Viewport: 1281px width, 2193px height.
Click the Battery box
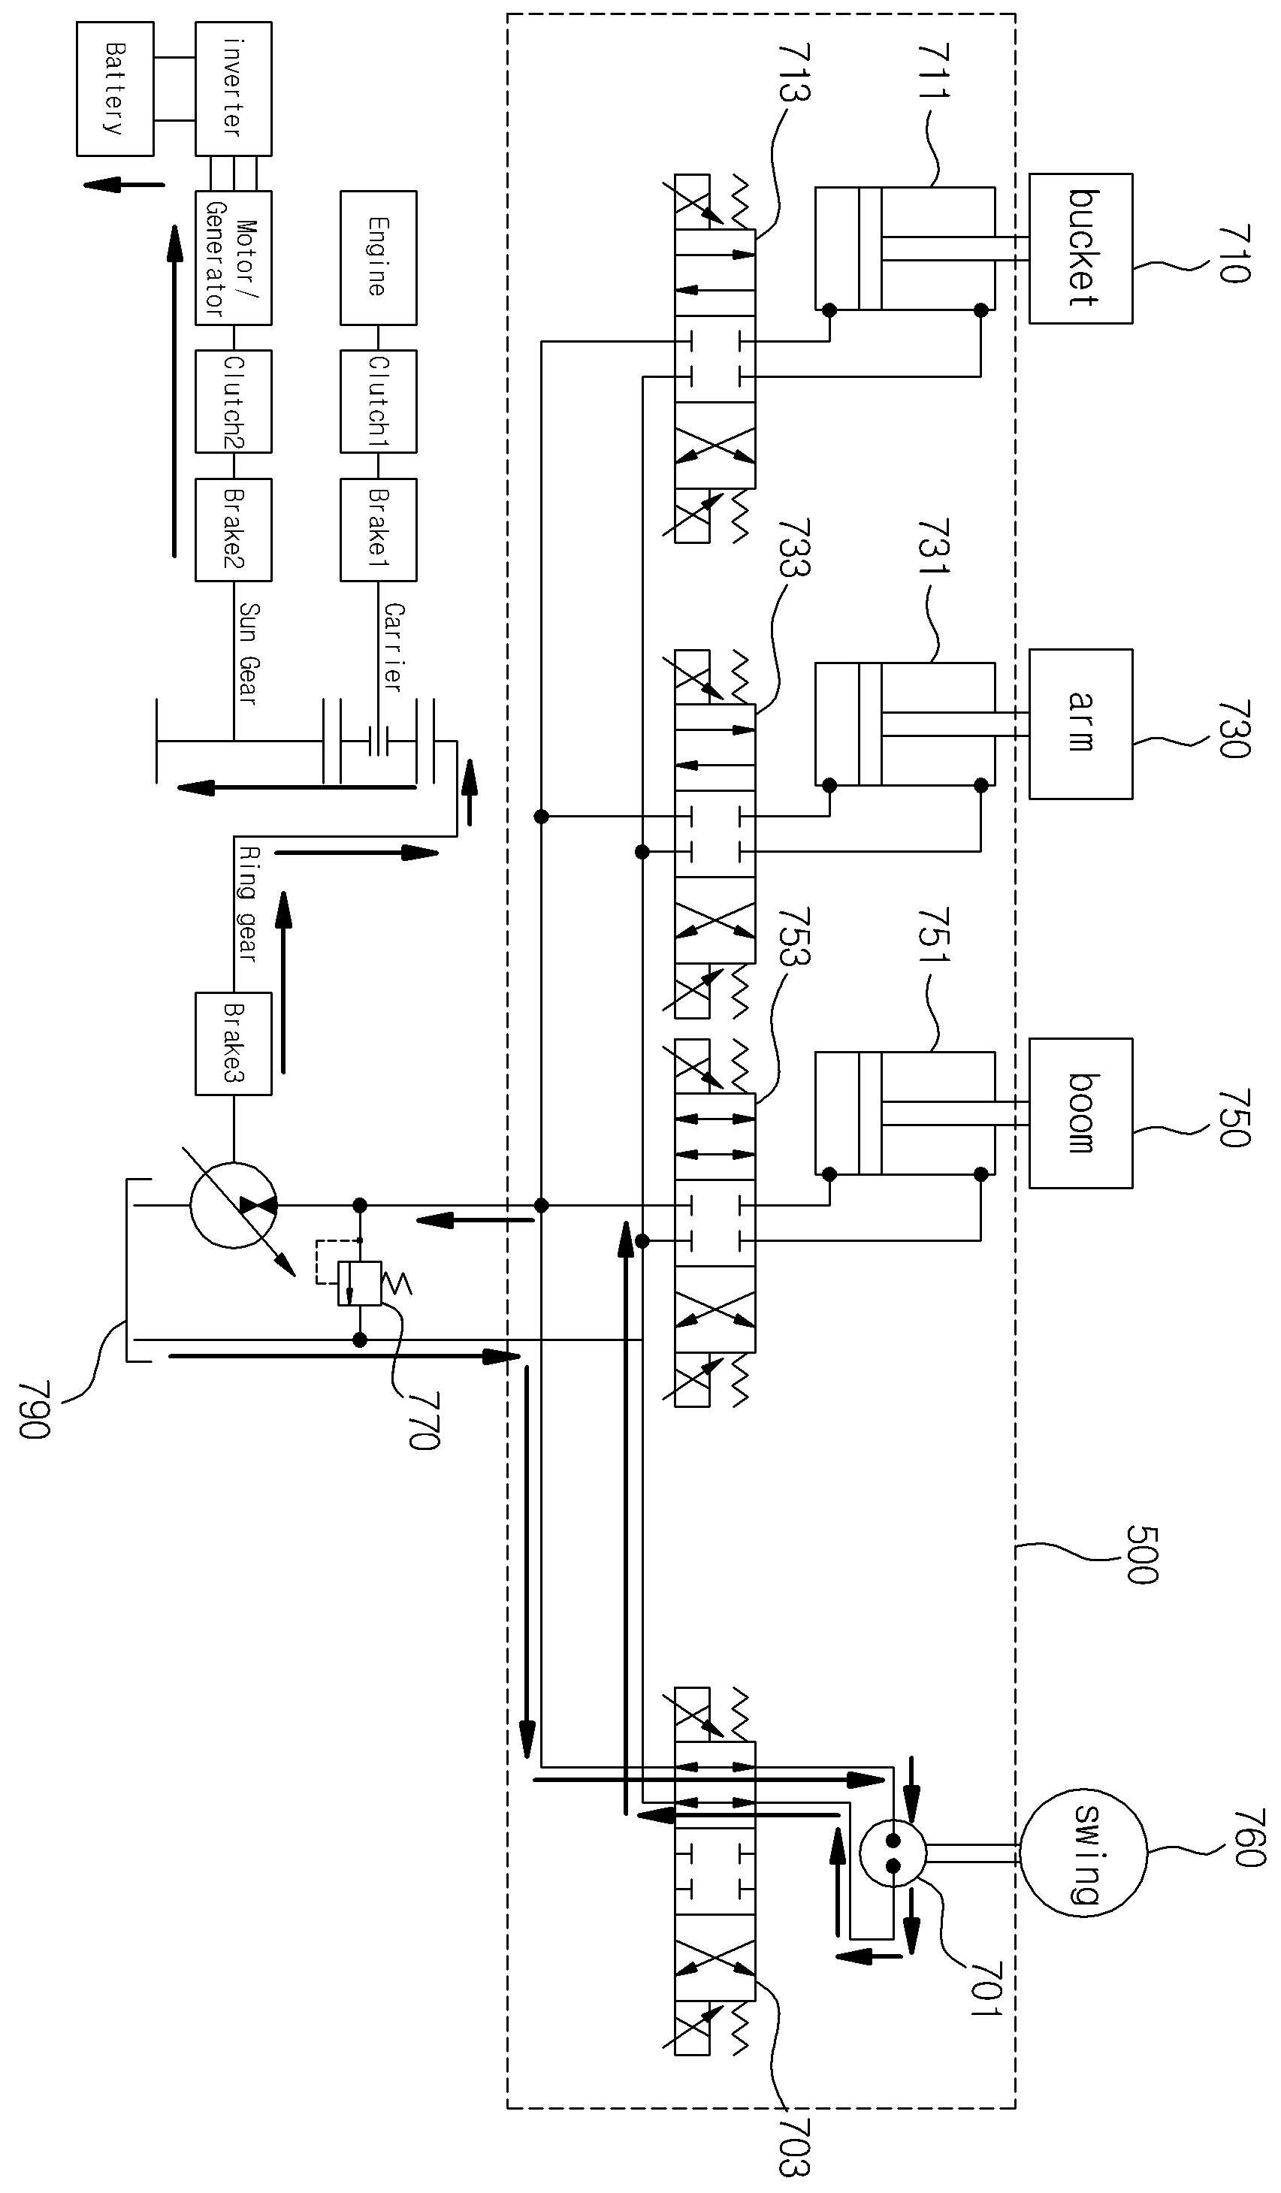[115, 89]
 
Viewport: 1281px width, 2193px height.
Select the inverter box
[233, 89]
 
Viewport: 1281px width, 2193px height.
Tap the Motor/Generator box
[233, 258]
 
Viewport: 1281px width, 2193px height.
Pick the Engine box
[378, 258]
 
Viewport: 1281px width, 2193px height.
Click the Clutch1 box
[378, 401]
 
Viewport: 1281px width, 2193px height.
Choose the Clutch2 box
[233, 401]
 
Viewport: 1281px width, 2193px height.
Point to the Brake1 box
[378, 529]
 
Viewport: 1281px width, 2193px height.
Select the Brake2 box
[233, 529]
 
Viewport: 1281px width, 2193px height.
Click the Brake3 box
[233, 1044]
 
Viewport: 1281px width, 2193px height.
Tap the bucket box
[1081, 249]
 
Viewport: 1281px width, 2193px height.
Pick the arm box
[1081, 724]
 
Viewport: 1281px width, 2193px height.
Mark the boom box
[1081, 1113]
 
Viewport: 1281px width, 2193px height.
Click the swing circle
[1083, 1853]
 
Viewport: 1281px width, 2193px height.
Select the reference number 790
[35, 1409]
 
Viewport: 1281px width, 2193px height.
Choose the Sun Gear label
[248, 654]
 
